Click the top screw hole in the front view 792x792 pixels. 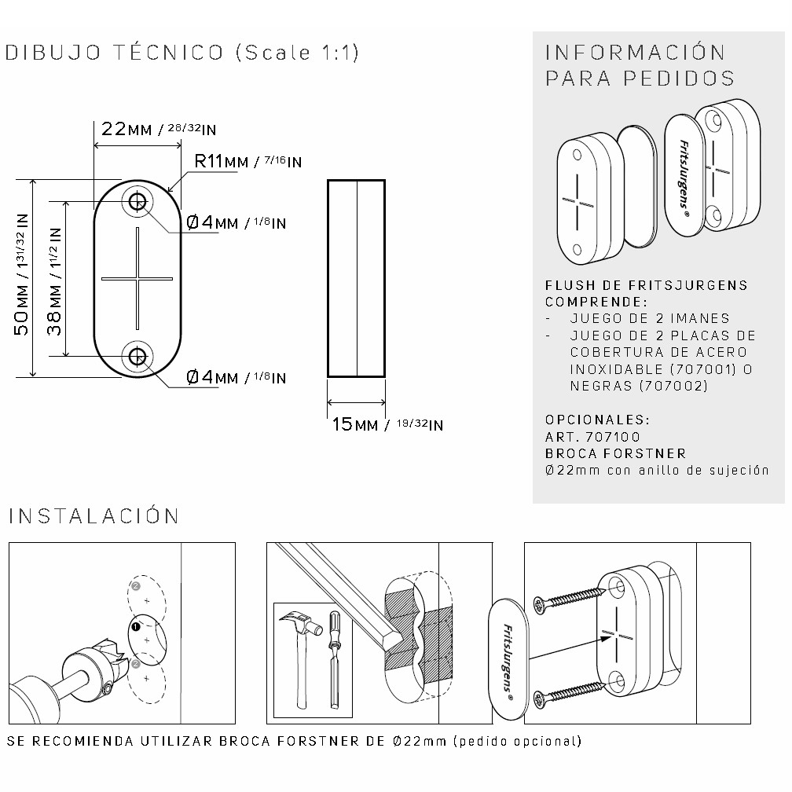(137, 202)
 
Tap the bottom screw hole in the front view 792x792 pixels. (137, 357)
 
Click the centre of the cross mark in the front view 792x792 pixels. (137, 278)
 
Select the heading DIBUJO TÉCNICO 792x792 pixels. (114, 53)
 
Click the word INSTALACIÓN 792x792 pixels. (94, 515)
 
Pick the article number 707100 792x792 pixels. (612, 437)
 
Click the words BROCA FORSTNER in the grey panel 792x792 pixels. (616, 453)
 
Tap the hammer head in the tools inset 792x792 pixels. (301, 623)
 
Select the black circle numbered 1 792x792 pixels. (135, 627)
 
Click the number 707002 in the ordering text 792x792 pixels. (673, 387)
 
